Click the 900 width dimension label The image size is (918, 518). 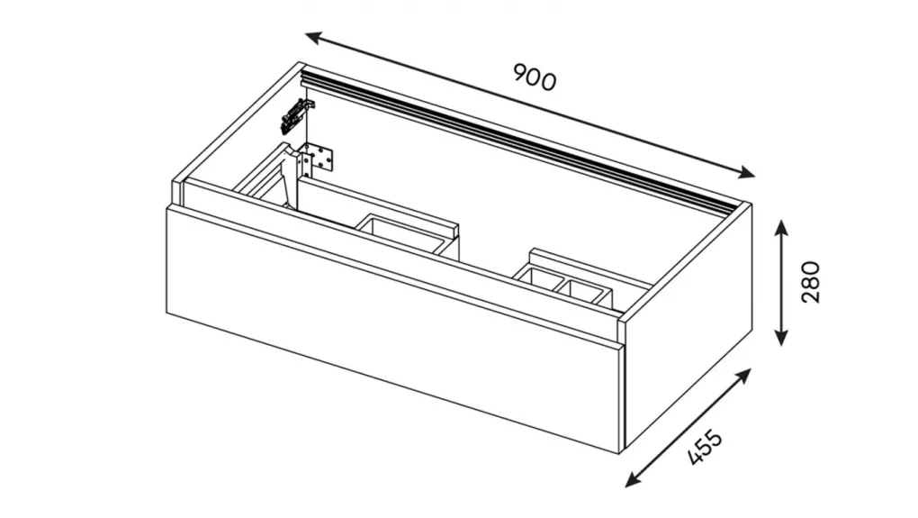tap(534, 77)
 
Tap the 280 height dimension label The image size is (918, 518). tap(810, 282)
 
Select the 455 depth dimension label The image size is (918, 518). tap(705, 448)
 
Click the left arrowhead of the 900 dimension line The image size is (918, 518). tap(313, 38)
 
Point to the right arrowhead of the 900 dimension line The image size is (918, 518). tap(746, 172)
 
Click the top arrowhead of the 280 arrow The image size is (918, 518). tap(781, 226)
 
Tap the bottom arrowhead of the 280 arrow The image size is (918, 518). tap(781, 338)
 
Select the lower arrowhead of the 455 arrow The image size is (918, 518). tap(633, 480)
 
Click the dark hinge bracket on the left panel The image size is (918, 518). tap(296, 114)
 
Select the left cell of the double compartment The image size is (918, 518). tap(537, 279)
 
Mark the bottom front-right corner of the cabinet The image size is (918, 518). tap(622, 453)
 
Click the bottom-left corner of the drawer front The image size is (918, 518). tap(167, 314)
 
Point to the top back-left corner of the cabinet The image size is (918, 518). tap(302, 62)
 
